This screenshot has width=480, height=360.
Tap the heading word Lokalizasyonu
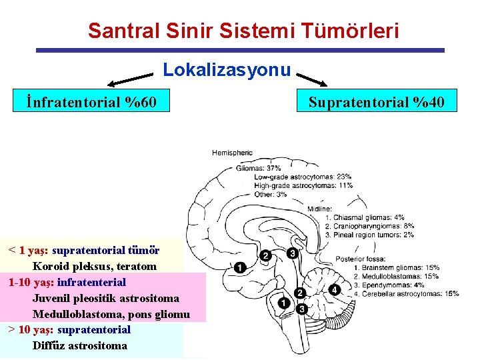tap(227, 69)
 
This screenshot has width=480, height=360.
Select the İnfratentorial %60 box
tap(91, 102)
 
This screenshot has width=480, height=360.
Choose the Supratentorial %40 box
tap(375, 102)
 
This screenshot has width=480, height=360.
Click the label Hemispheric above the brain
tap(232, 153)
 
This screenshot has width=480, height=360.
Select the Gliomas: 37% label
tap(259, 168)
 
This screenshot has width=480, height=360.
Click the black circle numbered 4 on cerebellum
tap(334, 289)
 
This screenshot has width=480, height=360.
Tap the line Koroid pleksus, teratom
tap(95, 266)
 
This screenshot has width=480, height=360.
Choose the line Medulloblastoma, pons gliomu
tap(111, 314)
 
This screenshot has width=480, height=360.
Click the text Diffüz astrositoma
tap(79, 345)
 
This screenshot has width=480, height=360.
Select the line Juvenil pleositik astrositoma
tap(105, 298)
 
